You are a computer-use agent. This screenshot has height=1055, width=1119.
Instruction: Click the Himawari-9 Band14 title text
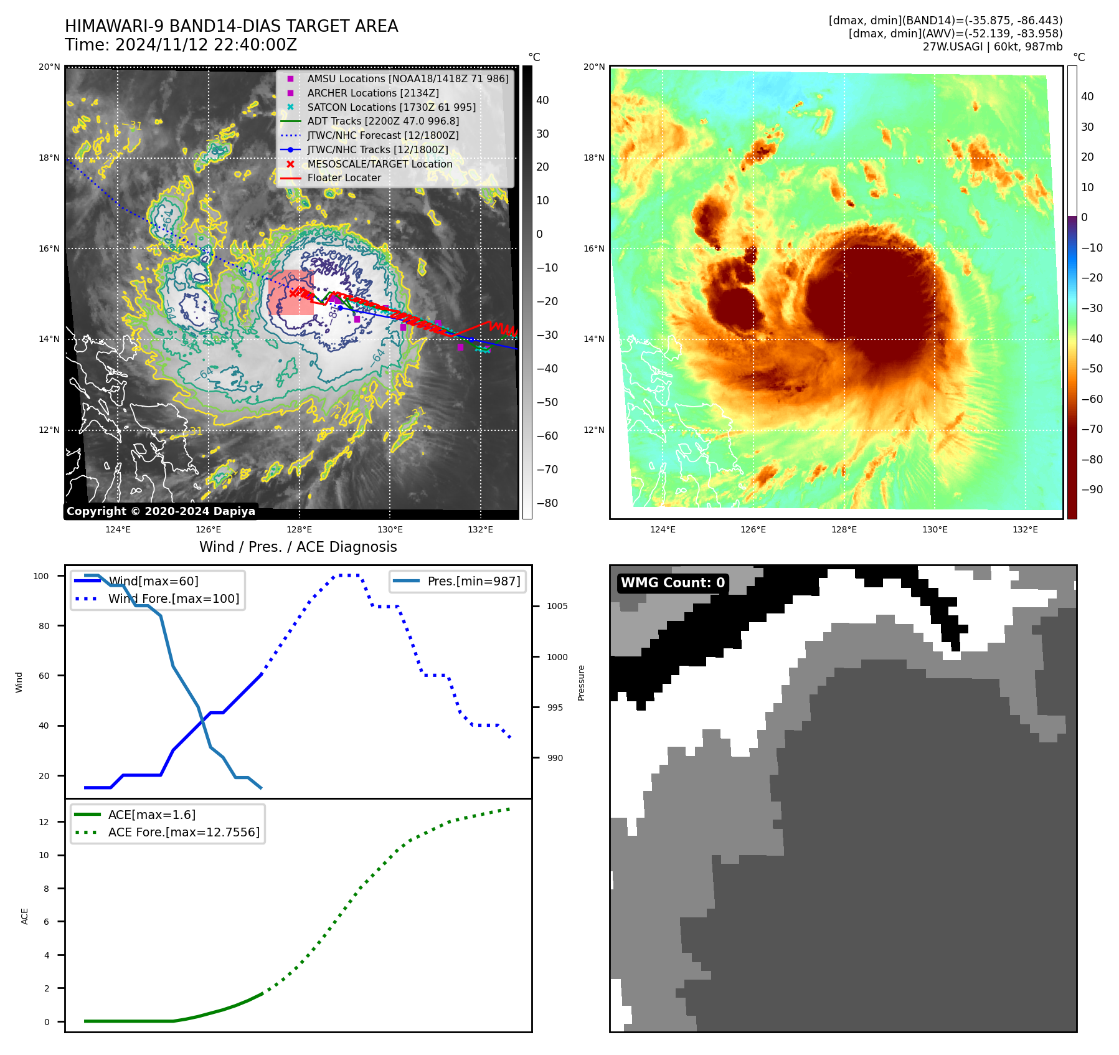pos(231,26)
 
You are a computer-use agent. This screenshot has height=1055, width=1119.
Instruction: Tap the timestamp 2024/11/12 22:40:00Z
pos(181,45)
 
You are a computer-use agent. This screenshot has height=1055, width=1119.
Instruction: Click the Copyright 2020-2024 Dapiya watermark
pos(161,511)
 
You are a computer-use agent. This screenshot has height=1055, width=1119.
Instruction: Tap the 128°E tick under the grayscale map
pos(299,529)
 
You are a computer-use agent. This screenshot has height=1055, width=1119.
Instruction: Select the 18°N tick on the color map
pos(594,158)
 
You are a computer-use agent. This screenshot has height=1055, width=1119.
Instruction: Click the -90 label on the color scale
pos(1092,490)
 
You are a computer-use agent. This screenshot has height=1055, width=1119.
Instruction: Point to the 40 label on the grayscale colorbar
pos(542,100)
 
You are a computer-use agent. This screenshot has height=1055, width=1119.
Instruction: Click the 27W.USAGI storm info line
pos(992,47)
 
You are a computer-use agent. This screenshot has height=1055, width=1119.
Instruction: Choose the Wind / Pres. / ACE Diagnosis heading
pos(298,547)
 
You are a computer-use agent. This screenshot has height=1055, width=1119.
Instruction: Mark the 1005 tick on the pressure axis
pos(557,606)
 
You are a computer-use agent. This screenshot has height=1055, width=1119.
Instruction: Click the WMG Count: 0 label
pos(673,583)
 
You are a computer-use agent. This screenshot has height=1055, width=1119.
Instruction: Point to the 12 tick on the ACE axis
pos(44,822)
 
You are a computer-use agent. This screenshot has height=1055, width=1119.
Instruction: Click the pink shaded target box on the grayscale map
pos(290,293)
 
